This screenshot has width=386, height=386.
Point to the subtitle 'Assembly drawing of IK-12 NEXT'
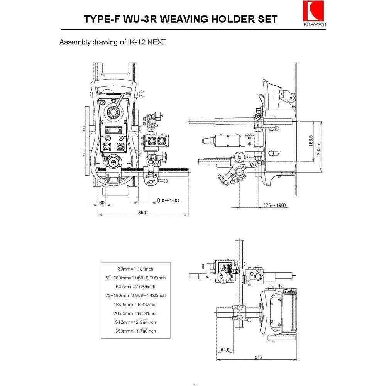(112, 42)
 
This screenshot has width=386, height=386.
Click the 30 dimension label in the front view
(102, 202)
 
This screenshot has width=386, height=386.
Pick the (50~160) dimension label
(169, 200)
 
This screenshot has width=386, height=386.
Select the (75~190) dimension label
(274, 205)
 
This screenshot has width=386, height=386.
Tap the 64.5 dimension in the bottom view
(225, 350)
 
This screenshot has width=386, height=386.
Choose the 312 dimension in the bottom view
(259, 357)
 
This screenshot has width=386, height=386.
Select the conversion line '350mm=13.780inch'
(135, 331)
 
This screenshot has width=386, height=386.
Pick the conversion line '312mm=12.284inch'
(135, 322)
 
